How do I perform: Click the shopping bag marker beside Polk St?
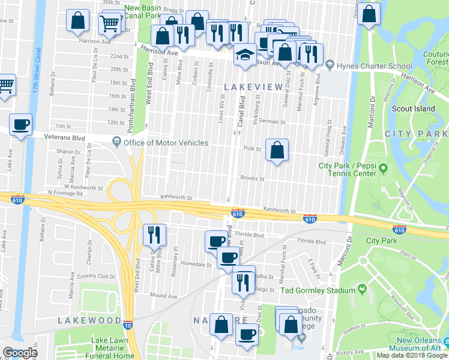[x=277, y=151]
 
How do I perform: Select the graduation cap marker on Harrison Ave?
[x=244, y=55]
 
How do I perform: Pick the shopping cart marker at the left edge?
[x=5, y=84]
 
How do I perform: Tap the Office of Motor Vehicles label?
[x=166, y=143]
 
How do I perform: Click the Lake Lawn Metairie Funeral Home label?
[x=113, y=348]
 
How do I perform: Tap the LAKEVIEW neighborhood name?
[x=253, y=87]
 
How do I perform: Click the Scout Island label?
[x=413, y=109]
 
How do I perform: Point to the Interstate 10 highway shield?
[x=128, y=325]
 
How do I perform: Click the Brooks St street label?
[x=252, y=178]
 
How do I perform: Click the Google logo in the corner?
[x=20, y=353]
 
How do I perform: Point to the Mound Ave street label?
[x=163, y=296]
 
